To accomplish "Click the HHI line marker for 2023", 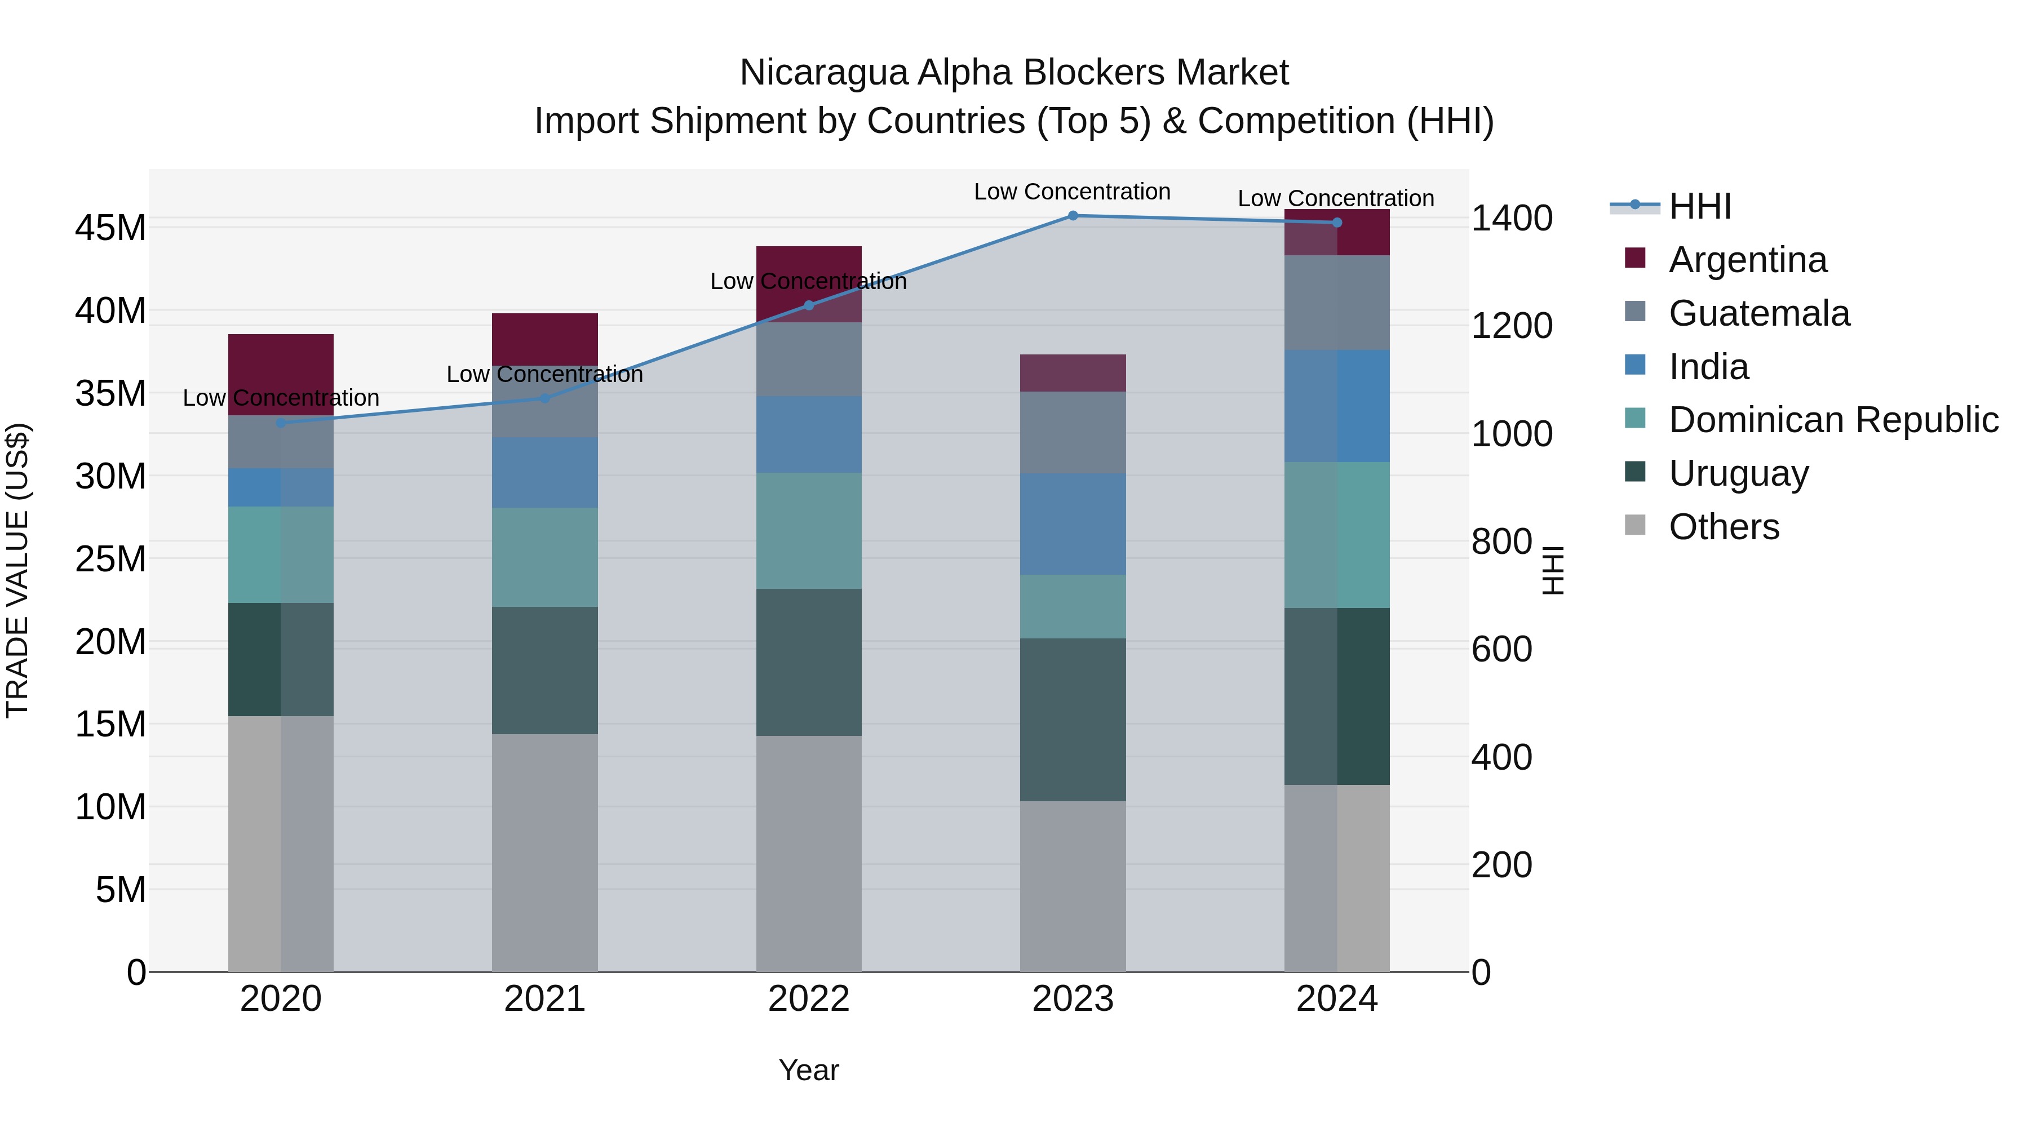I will tap(1073, 215).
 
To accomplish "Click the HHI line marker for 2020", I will tap(281, 423).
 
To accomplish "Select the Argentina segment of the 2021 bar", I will tap(544, 339).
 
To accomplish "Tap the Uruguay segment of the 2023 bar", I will tap(1073, 719).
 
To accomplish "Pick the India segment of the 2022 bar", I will tap(809, 434).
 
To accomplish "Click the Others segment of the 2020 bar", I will tap(281, 843).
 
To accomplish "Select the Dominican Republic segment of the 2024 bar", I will tap(1337, 535).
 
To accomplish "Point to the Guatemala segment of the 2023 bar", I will tap(1073, 432).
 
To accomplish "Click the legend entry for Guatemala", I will tap(1758, 313).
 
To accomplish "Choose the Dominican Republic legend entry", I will tap(1832, 420).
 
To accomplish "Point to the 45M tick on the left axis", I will tap(110, 228).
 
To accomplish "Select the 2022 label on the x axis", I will tap(809, 999).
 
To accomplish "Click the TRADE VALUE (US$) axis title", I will tap(18, 570).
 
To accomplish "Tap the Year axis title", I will tap(809, 1070).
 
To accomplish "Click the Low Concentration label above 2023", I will tap(1072, 192).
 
